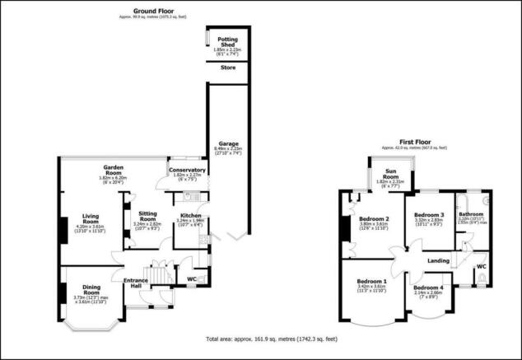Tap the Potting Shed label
point(227,42)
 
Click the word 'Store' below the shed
point(227,68)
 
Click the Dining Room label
point(86,290)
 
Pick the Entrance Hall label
point(135,283)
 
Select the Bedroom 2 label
point(374,218)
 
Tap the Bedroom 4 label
point(428,288)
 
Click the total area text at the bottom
point(270,339)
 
